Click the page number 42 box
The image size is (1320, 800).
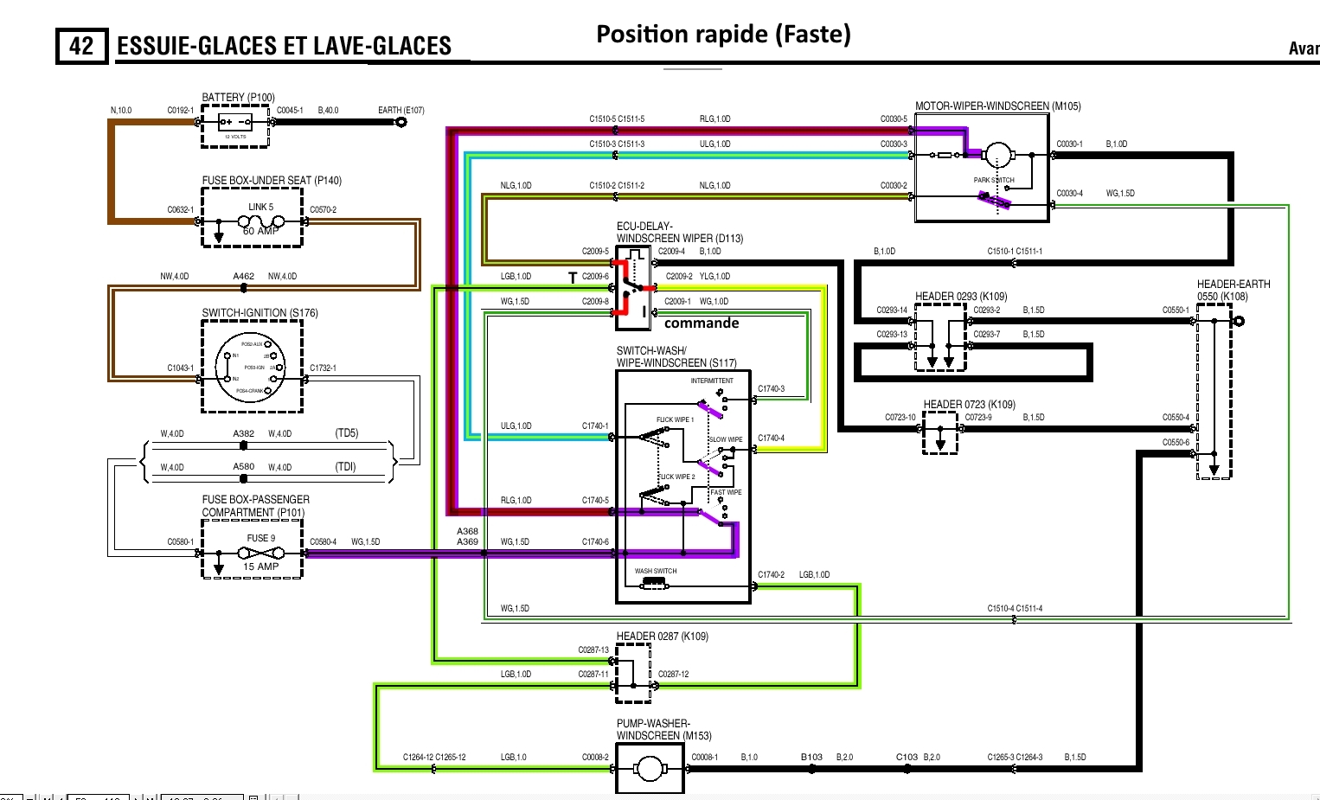(81, 46)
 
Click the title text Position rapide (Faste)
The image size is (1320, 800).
(723, 35)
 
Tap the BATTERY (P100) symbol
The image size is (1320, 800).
(235, 122)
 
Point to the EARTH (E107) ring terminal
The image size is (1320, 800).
(401, 122)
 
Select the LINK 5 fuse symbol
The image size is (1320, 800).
(260, 222)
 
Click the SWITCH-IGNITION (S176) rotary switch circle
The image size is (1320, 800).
(252, 367)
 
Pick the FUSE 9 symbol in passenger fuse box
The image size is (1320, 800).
(260, 553)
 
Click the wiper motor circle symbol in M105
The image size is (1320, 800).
(998, 156)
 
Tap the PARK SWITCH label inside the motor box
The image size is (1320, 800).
(993, 181)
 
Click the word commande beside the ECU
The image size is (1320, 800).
(702, 323)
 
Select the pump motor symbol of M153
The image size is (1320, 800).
(649, 768)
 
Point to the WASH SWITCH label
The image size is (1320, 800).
(656, 571)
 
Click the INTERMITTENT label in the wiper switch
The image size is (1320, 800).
(711, 381)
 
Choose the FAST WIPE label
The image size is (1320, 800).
(726, 492)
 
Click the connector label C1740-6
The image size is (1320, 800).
(595, 542)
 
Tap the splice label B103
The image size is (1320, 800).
(811, 758)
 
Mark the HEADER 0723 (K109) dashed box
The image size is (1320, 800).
(940, 432)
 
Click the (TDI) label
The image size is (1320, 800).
(346, 467)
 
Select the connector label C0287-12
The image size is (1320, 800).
(674, 675)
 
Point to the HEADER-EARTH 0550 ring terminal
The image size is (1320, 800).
(1239, 321)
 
